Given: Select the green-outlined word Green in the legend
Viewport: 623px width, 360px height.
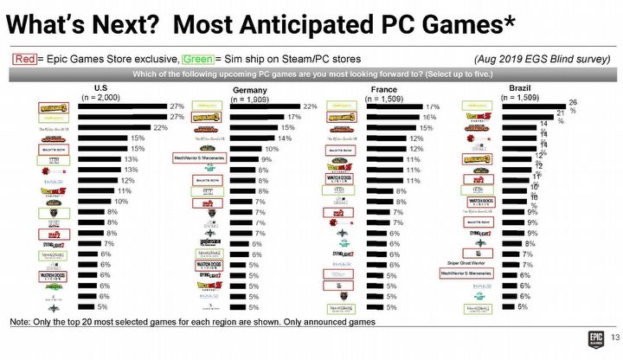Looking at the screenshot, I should pos(196,59).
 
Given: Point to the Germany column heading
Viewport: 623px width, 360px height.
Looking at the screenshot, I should pos(252,90).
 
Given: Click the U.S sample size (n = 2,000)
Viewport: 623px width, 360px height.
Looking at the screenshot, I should pos(101,97).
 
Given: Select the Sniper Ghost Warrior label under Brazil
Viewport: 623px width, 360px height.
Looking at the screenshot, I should pos(472,260).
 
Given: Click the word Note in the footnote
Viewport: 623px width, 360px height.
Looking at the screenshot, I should pos(20,322).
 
